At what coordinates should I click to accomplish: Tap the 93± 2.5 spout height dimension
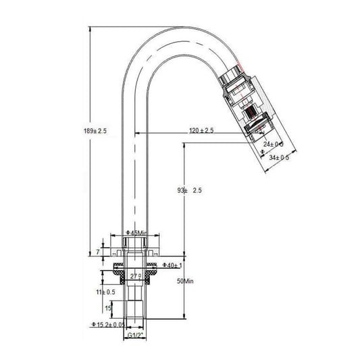point(188,191)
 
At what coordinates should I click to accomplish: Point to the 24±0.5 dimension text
point(274,144)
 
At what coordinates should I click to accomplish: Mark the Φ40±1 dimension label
point(174,265)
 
